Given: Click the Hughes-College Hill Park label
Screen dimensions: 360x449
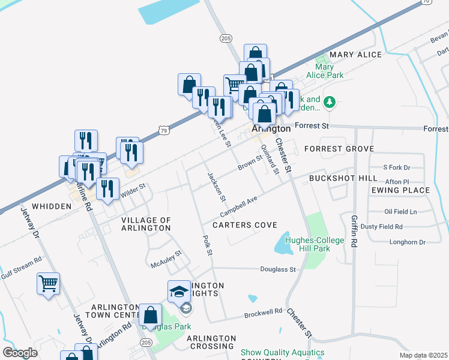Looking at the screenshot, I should coord(315,244).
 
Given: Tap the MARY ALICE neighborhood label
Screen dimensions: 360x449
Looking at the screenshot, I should coord(355,55).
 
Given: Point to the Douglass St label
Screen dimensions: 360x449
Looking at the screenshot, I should coord(277,270).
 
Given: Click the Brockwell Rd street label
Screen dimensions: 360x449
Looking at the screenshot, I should coord(263,313).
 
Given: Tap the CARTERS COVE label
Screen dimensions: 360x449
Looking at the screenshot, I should coord(244,225).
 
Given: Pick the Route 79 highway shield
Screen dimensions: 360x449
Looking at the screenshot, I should coord(164,129).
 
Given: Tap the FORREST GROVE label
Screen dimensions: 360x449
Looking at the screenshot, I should coord(339,148).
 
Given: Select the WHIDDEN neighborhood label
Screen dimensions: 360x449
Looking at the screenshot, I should coord(52,206).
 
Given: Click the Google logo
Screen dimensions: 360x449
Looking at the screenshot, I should coord(19,352).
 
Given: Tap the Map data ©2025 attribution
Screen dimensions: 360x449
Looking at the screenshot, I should coord(423,355).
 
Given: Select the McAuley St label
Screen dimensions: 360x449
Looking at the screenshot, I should coord(166,259).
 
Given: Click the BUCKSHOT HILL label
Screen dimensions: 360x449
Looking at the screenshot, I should coord(343,178).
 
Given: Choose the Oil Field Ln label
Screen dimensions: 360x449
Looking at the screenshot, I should coord(400,212).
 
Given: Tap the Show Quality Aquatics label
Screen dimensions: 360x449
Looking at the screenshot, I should coord(282,352).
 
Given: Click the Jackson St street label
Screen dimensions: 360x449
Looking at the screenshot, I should coord(216,187).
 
